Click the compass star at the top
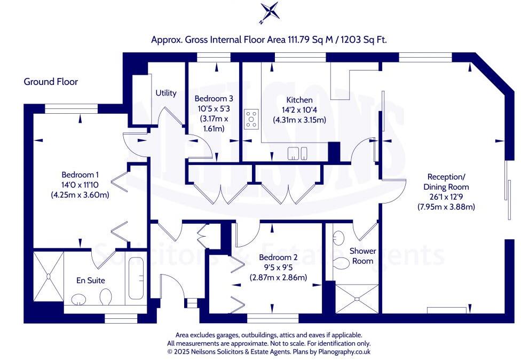click(269, 12)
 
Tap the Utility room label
click(166, 93)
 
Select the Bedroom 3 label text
click(214, 98)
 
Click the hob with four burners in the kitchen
click(251, 119)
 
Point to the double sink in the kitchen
click(297, 153)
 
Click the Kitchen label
click(299, 100)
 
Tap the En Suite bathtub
click(136, 278)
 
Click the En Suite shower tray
click(49, 277)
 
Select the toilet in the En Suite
click(106, 296)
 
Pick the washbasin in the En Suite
click(79, 299)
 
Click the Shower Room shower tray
click(357, 299)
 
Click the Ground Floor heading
click(51, 82)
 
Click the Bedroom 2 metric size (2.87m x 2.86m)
click(279, 277)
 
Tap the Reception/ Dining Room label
click(446, 182)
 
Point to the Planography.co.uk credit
click(344, 351)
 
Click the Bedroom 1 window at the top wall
click(71, 109)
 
